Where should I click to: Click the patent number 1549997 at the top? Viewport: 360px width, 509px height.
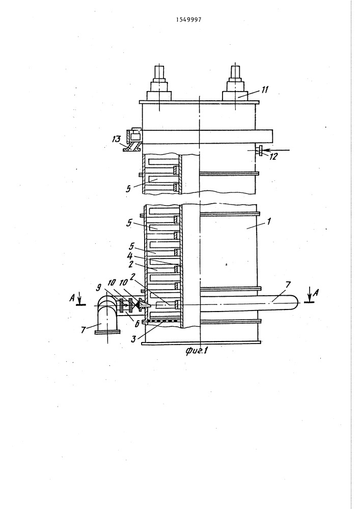[188, 19]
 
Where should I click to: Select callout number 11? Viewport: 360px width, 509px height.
[265, 90]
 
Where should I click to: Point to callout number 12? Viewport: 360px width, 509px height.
[273, 156]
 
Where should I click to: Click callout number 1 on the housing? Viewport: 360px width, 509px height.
[268, 221]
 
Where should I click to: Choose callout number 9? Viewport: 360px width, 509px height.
[99, 287]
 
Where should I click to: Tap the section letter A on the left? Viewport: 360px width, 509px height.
[73, 298]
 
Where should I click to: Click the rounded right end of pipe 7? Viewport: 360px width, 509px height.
[296, 302]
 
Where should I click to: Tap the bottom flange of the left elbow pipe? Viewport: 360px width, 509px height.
[107, 331]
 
